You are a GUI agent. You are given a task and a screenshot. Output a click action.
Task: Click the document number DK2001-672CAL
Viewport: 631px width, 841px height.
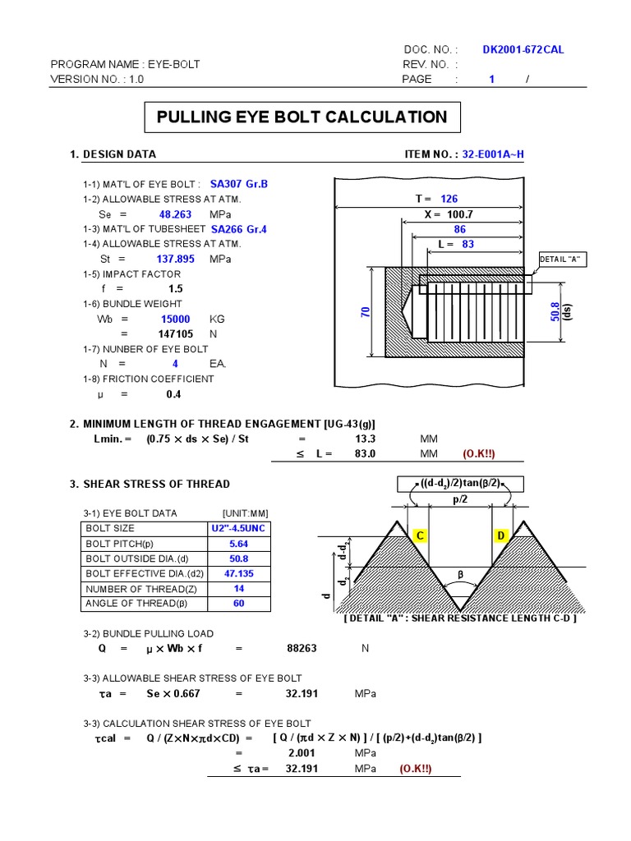523,49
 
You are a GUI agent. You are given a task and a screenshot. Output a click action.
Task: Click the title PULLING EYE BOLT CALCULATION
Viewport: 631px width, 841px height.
302,117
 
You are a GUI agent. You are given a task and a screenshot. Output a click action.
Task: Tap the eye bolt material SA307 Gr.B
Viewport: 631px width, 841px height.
239,184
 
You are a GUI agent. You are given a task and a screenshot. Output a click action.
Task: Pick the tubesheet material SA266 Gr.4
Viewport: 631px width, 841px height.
239,229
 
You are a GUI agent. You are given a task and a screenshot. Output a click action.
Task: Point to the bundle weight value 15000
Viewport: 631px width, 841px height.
175,319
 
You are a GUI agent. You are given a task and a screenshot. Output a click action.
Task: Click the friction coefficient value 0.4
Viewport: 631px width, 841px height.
173,394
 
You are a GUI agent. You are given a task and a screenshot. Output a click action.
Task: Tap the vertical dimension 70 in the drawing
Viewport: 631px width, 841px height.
366,312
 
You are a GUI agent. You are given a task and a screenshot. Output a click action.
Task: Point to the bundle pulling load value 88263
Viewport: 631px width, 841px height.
302,648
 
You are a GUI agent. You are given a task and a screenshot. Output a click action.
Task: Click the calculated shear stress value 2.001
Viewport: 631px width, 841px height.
302,753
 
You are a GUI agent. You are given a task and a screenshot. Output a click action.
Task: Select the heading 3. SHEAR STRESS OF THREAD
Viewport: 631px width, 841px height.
150,484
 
